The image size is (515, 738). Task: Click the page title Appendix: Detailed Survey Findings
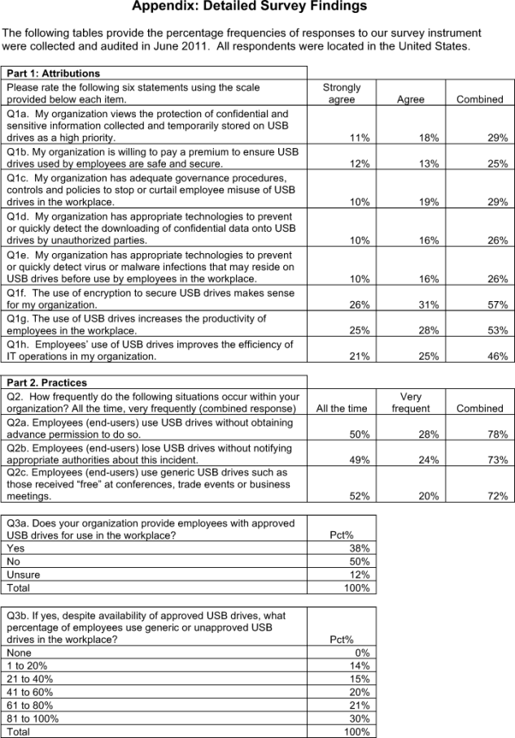[x=249, y=7]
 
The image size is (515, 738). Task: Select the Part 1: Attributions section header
[x=54, y=73]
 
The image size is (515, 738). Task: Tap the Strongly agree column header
[x=341, y=93]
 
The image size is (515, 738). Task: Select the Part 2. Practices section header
[x=47, y=382]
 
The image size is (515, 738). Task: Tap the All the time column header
[x=341, y=408]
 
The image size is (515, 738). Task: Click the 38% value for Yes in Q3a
[x=360, y=548]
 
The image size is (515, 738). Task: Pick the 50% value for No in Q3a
[x=360, y=561]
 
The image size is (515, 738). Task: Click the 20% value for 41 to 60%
[x=360, y=692]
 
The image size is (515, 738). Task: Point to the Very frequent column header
[x=411, y=403]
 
